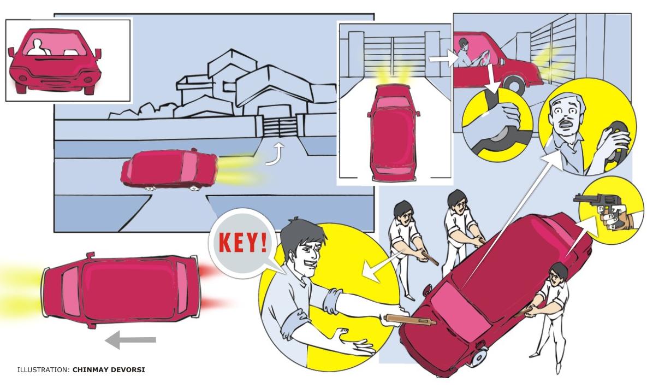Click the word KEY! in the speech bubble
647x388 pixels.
[242, 243]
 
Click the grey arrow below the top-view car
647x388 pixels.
[130, 340]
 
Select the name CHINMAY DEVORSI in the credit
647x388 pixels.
[109, 369]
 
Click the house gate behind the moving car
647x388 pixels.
[280, 126]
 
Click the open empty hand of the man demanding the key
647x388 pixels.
[354, 342]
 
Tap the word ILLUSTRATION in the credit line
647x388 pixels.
[43, 369]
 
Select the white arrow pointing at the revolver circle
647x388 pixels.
[580, 238]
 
